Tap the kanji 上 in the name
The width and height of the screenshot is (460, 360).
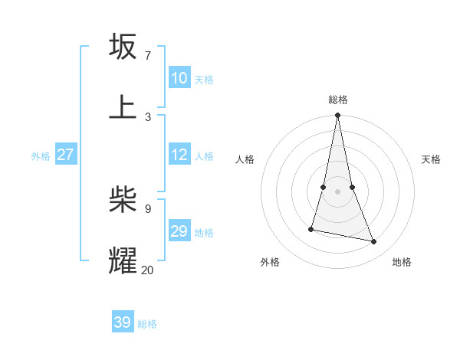pyautogui.click(x=123, y=107)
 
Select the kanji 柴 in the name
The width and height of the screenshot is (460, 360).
pyautogui.click(x=123, y=200)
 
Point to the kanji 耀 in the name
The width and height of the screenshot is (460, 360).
pyautogui.click(x=123, y=260)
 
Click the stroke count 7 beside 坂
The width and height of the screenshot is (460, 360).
pyautogui.click(x=147, y=55)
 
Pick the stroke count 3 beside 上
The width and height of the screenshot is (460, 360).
pyautogui.click(x=147, y=116)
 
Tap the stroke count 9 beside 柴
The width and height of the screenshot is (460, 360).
pyautogui.click(x=147, y=208)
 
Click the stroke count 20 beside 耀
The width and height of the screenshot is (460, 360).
pyautogui.click(x=147, y=270)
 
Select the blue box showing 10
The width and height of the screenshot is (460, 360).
pyautogui.click(x=179, y=78)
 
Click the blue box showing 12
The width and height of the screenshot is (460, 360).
pyautogui.click(x=179, y=155)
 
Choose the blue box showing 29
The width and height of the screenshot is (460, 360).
pyautogui.click(x=179, y=231)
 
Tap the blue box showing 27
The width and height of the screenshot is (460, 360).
pyautogui.click(x=65, y=155)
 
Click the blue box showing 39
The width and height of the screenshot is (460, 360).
pyautogui.click(x=123, y=322)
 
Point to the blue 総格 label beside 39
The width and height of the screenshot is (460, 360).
pyautogui.click(x=147, y=324)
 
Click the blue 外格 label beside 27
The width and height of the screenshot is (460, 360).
pyautogui.click(x=41, y=156)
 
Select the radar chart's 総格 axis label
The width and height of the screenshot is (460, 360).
pyautogui.click(x=337, y=100)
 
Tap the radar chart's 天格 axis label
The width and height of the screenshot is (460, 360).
pyautogui.click(x=431, y=159)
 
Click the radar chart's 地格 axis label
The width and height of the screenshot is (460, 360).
pyautogui.click(x=402, y=262)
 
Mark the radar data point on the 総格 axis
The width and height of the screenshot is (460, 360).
pyautogui.click(x=337, y=116)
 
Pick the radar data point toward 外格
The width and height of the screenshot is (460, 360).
pyautogui.click(x=311, y=229)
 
